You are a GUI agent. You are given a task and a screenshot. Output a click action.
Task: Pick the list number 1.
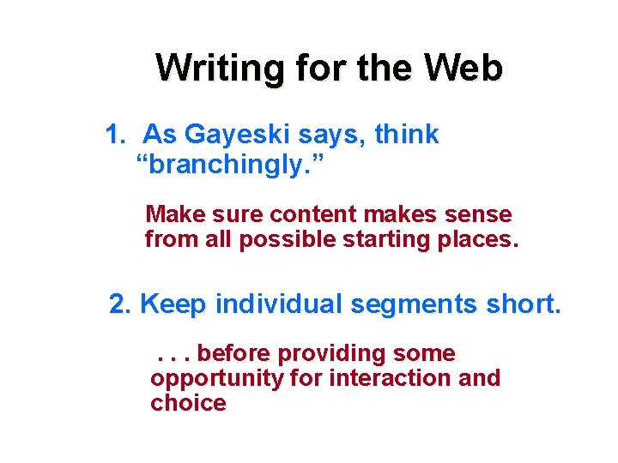pyautogui.click(x=114, y=135)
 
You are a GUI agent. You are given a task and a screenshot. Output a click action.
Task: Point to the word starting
pyautogui.click(x=386, y=240)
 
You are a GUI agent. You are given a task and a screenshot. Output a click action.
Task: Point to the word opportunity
pyautogui.click(x=215, y=379)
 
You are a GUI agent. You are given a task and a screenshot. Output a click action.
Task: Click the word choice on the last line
pyautogui.click(x=188, y=403)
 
